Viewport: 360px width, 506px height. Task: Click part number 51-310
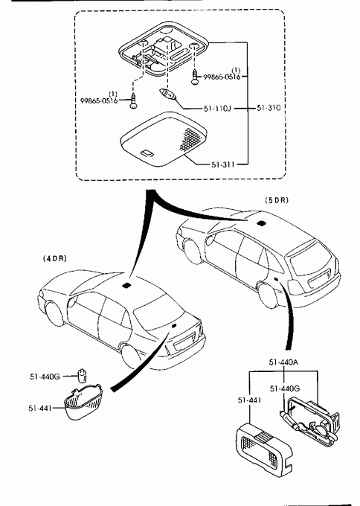tap(269, 108)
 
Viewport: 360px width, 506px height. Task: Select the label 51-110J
tap(217, 109)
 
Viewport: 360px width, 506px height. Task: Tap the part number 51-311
tap(223, 164)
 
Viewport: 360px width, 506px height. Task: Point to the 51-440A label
tap(283, 362)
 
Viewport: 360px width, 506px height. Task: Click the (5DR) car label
tap(277, 200)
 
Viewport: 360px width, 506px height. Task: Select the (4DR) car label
tap(54, 258)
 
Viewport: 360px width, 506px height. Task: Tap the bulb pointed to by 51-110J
tap(168, 95)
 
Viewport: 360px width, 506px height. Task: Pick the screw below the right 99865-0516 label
tap(195, 77)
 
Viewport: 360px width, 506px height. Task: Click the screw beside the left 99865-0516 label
tap(133, 101)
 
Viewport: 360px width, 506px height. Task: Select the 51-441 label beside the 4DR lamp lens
tap(40, 409)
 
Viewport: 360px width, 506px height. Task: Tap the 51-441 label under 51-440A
tap(249, 400)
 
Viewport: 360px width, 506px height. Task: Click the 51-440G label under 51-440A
tap(285, 388)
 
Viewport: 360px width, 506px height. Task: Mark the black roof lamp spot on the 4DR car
tap(126, 285)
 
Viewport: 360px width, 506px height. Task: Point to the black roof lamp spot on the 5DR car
tap(260, 222)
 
